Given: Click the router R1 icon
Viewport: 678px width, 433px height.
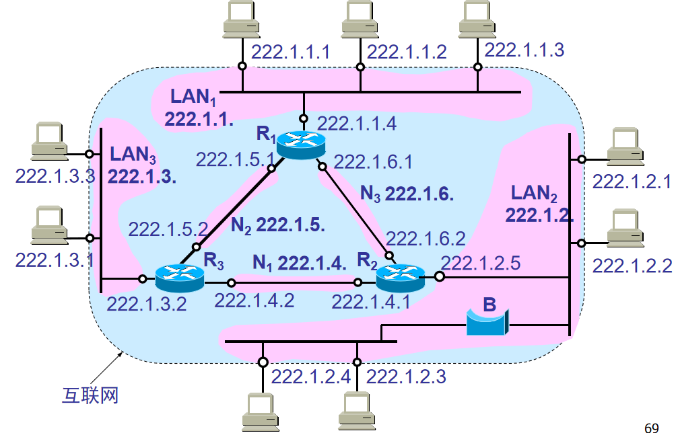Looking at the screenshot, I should (300, 143).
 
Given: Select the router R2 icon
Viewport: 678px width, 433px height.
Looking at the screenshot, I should (400, 276).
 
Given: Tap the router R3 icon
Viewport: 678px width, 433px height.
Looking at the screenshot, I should (179, 276).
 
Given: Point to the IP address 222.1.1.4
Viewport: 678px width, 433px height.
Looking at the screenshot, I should (357, 123).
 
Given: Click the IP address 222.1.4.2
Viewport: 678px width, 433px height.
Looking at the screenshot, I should (255, 300).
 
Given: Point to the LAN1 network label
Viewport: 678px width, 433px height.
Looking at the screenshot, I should (193, 97).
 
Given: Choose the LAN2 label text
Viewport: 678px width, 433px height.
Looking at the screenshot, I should (534, 194).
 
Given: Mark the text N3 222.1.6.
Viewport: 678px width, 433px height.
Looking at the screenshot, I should (407, 194).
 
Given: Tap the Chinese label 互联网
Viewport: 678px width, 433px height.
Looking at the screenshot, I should (86, 395).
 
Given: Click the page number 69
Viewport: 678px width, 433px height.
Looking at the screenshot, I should (651, 427).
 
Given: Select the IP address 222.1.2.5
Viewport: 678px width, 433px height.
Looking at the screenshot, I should (480, 263).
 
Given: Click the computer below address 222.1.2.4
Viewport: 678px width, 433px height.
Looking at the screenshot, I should (259, 409).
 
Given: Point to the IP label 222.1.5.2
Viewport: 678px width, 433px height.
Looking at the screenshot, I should (168, 229).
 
